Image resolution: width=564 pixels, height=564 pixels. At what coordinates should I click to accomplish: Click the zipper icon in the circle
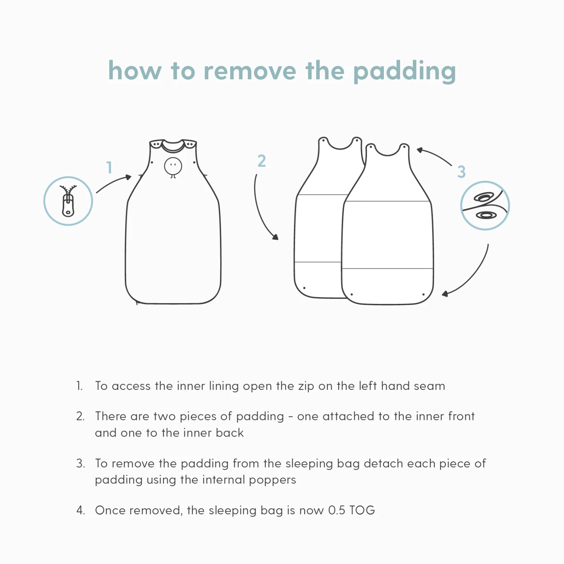click(68, 201)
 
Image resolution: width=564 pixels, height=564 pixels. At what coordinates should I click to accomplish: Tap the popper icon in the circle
click(485, 206)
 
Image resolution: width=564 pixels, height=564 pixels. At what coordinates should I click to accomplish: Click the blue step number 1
click(109, 167)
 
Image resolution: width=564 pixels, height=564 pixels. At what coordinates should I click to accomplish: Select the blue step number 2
click(262, 161)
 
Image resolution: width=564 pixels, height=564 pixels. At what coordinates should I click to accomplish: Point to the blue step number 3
click(461, 172)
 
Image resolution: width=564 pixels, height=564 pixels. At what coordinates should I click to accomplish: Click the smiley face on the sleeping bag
click(173, 166)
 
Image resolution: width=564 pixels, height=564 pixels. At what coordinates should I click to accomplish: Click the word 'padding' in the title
click(405, 71)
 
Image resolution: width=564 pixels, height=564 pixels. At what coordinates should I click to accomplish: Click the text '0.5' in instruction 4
click(337, 510)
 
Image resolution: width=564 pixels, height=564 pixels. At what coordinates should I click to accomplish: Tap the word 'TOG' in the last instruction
click(362, 510)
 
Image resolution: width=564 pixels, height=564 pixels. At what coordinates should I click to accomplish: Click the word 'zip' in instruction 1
click(306, 387)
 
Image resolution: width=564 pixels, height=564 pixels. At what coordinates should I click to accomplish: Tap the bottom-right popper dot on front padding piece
click(423, 294)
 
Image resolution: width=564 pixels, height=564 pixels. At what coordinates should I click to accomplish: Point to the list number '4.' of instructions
click(80, 510)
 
